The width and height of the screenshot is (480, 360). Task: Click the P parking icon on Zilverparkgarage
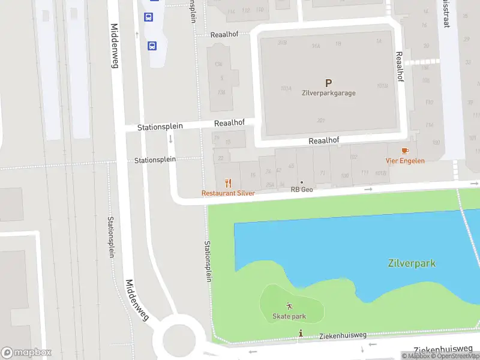click(328, 83)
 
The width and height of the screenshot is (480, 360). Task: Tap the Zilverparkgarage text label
click(328, 93)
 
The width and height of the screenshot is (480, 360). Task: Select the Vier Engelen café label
click(405, 161)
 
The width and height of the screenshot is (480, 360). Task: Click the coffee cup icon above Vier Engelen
click(406, 151)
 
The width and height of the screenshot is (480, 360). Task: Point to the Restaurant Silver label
click(228, 193)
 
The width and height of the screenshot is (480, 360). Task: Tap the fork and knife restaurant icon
click(228, 184)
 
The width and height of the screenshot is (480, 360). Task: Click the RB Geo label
click(302, 190)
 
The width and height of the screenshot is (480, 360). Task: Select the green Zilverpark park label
click(411, 263)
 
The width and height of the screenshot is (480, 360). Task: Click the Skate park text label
click(289, 316)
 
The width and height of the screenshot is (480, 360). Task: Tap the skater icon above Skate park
click(290, 306)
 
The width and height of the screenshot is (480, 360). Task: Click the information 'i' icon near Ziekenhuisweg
click(301, 334)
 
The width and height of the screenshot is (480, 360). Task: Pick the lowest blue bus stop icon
click(152, 46)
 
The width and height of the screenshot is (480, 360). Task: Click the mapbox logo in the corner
click(26, 352)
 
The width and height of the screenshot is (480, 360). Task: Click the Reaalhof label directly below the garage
click(324, 140)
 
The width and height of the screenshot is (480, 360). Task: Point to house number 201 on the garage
click(321, 121)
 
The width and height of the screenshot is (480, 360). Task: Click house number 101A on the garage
click(286, 88)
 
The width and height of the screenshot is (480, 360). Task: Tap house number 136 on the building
click(221, 92)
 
